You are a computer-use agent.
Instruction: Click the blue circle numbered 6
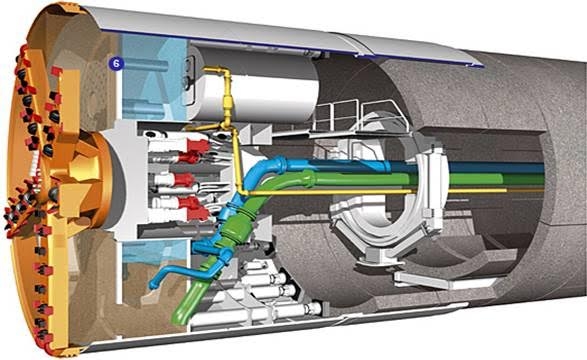coord(116,64)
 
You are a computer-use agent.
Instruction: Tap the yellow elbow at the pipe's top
coord(223,71)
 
